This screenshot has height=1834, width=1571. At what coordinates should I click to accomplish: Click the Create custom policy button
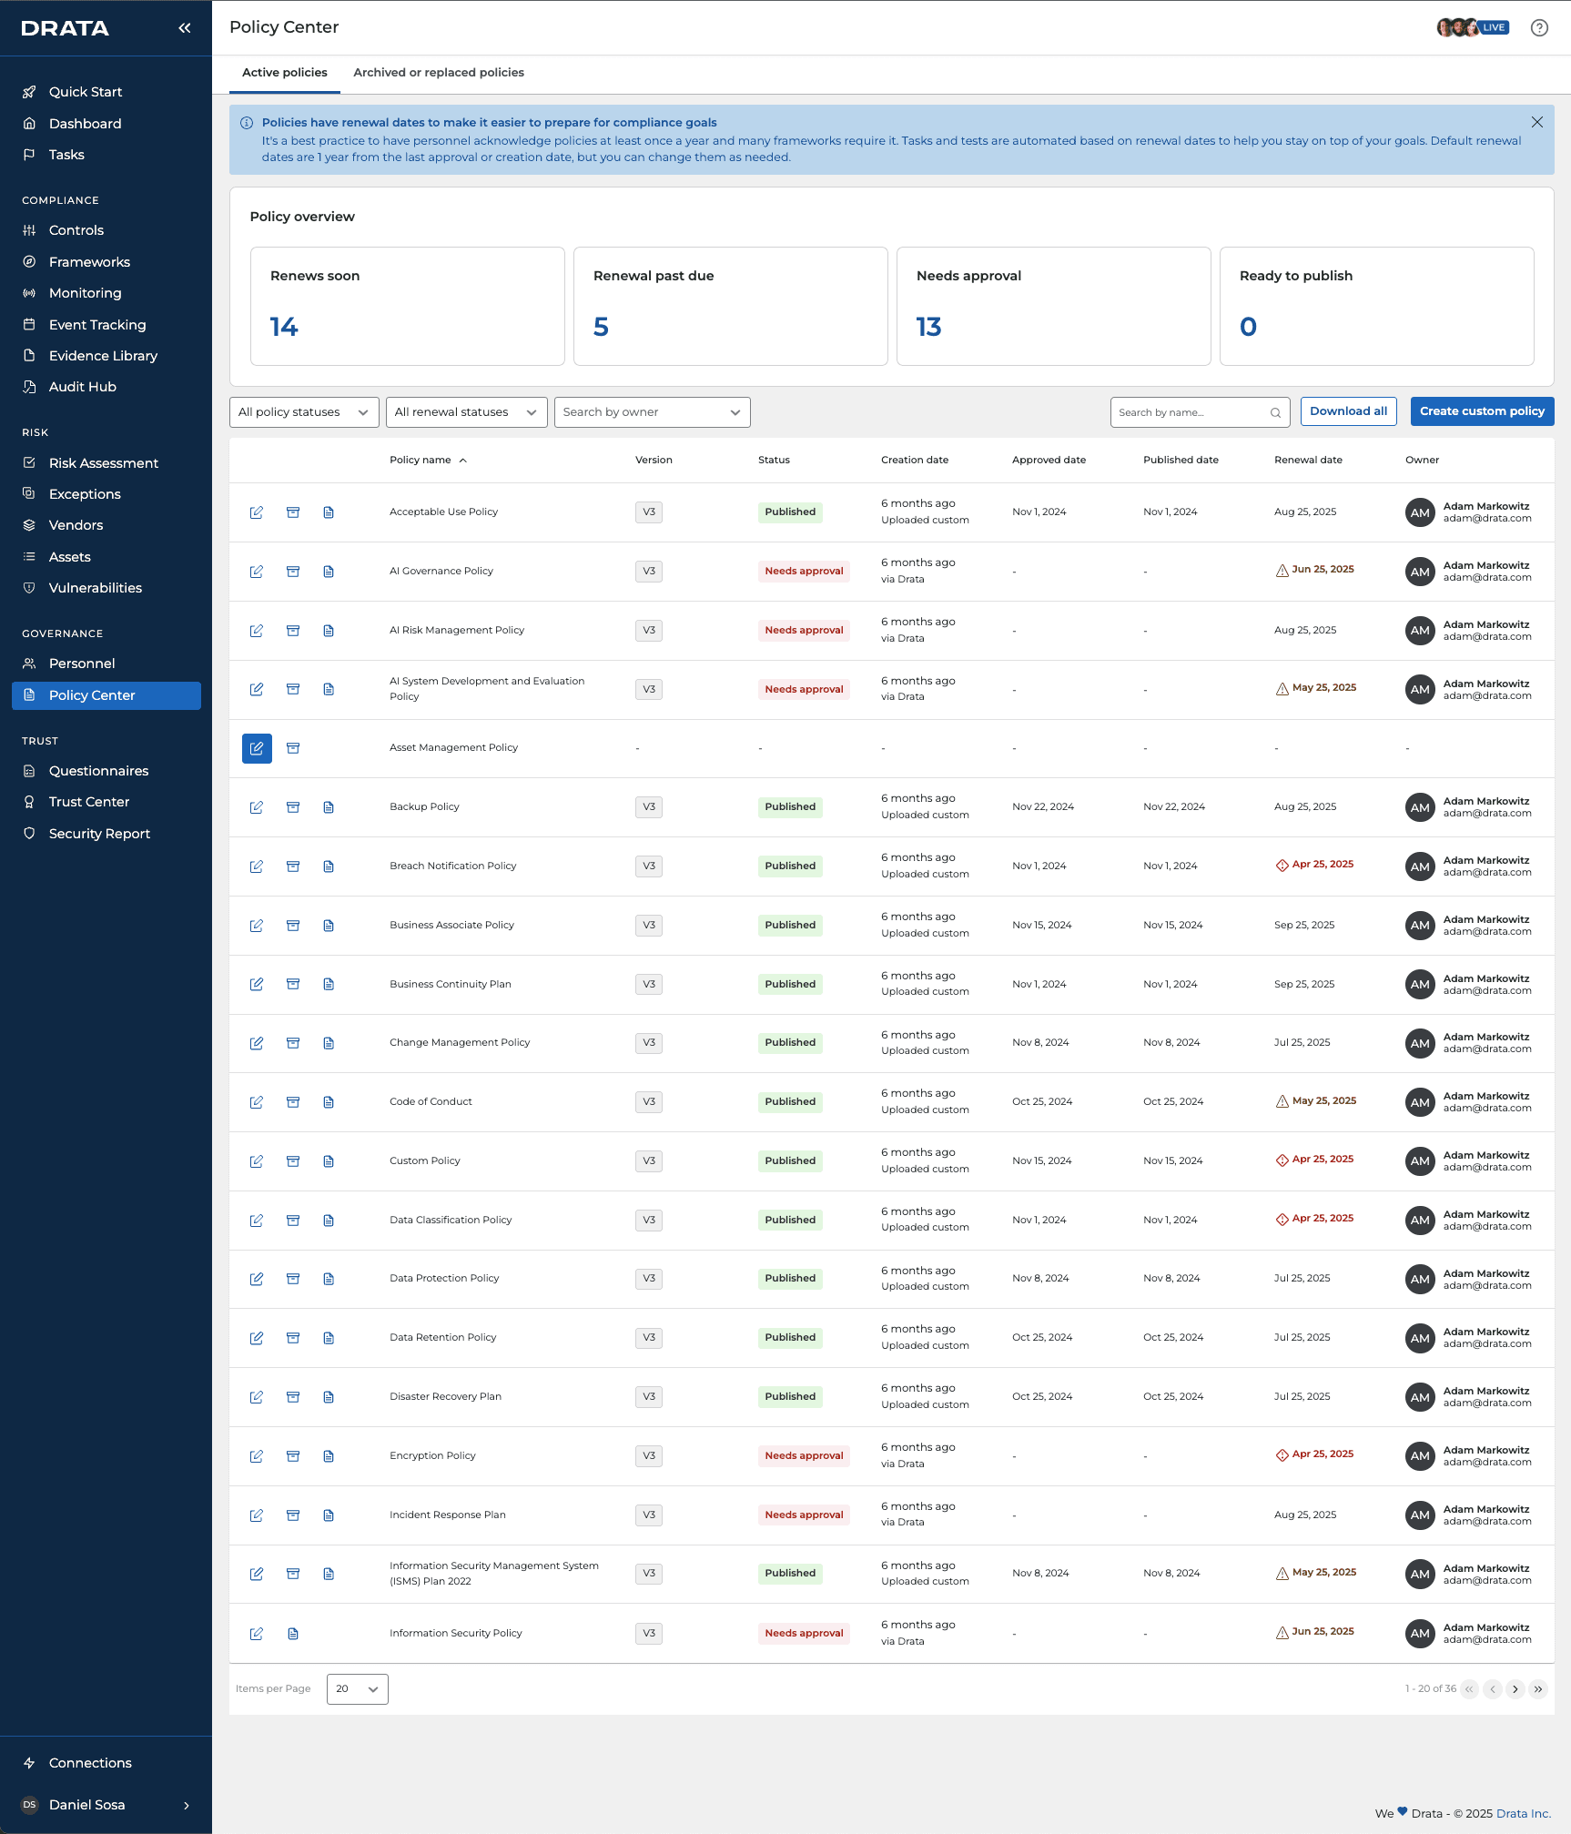[x=1482, y=411]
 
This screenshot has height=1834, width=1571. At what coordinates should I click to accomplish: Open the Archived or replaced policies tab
[x=439, y=73]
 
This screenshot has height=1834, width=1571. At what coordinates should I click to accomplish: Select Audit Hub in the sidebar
[x=82, y=387]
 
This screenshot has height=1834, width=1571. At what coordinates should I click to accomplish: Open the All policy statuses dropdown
[x=304, y=412]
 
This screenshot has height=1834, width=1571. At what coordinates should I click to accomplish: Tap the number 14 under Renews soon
[x=284, y=327]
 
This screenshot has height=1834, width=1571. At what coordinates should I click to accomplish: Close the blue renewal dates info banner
[x=1537, y=122]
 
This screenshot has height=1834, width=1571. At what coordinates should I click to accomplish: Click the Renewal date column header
[x=1308, y=461]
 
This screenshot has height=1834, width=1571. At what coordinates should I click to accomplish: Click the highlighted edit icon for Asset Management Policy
[x=257, y=748]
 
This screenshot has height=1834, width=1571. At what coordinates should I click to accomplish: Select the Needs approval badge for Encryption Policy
[x=804, y=1456]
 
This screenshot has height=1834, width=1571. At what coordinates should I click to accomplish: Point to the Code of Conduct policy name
[x=431, y=1102]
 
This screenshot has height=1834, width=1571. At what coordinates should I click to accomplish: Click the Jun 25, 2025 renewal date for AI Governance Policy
[x=1323, y=570]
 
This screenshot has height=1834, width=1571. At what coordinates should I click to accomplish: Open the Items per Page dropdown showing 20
[x=357, y=1689]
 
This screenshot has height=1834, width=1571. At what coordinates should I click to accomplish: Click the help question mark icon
[x=1539, y=28]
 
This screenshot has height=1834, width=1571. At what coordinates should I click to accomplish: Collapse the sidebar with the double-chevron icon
[x=185, y=28]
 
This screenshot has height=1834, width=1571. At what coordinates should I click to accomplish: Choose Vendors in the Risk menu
[x=76, y=525]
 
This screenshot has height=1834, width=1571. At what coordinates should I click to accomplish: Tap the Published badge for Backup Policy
[x=790, y=807]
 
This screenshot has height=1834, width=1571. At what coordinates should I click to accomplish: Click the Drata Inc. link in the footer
[x=1524, y=1813]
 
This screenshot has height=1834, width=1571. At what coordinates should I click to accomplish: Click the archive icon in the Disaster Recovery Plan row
[x=293, y=1397]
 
